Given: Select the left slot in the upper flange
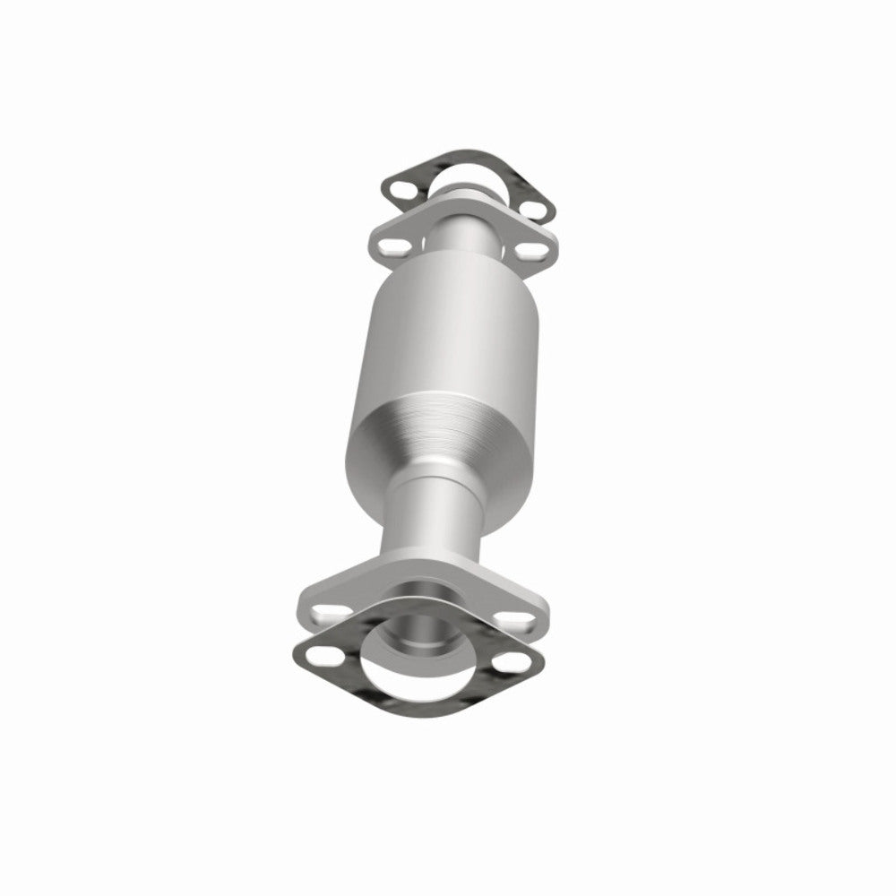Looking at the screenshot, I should (x=391, y=243).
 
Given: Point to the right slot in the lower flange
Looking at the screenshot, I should (x=513, y=617).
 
